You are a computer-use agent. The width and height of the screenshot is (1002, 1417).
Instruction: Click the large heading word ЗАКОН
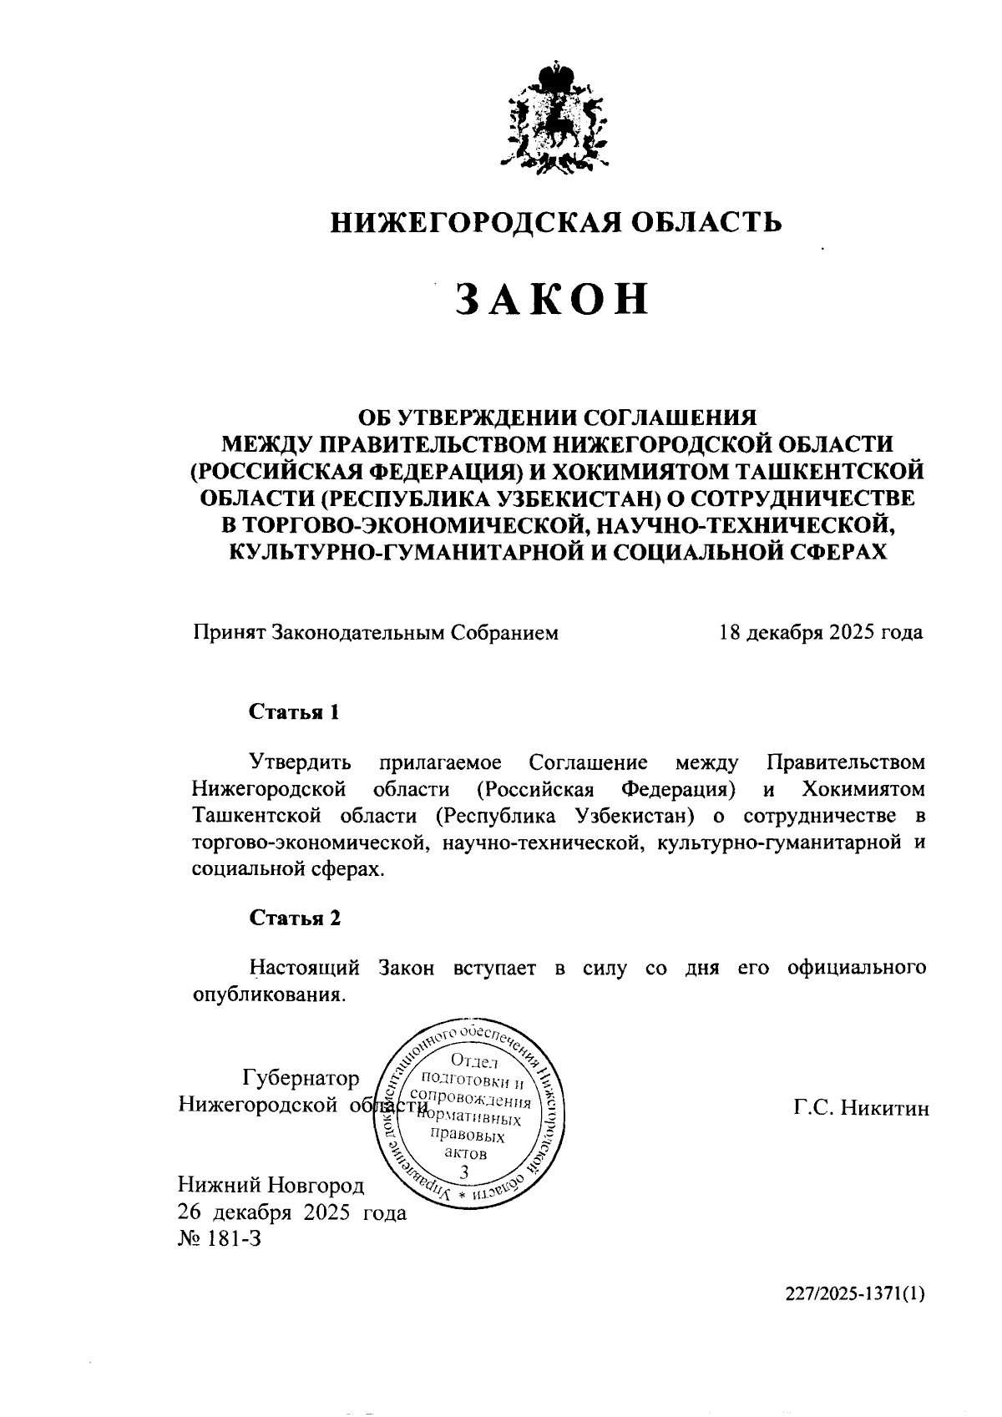pyautogui.click(x=552, y=298)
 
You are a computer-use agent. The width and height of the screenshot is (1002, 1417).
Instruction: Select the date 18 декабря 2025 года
pyautogui.click(x=820, y=632)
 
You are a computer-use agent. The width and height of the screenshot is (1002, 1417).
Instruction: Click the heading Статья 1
pyautogui.click(x=295, y=712)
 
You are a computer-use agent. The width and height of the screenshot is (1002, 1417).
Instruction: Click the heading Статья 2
pyautogui.click(x=295, y=918)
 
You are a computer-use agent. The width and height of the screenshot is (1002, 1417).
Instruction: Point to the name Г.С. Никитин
pyautogui.click(x=861, y=1108)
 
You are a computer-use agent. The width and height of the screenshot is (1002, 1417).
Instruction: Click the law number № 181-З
pyautogui.click(x=220, y=1238)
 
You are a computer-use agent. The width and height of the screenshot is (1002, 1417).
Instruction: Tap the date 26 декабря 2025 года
pyautogui.click(x=292, y=1212)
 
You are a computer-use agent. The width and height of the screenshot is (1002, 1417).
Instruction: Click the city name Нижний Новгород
pyautogui.click(x=271, y=1186)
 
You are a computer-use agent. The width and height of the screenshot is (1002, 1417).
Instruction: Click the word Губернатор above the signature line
pyautogui.click(x=301, y=1079)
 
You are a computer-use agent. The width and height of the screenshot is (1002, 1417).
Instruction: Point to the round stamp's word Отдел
pyautogui.click(x=473, y=1063)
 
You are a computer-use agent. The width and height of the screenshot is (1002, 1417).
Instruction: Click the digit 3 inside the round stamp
pyautogui.click(x=464, y=1172)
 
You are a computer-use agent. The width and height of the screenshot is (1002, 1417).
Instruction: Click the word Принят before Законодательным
pyautogui.click(x=229, y=632)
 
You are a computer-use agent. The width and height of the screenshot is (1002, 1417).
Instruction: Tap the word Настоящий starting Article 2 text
pyautogui.click(x=306, y=968)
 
